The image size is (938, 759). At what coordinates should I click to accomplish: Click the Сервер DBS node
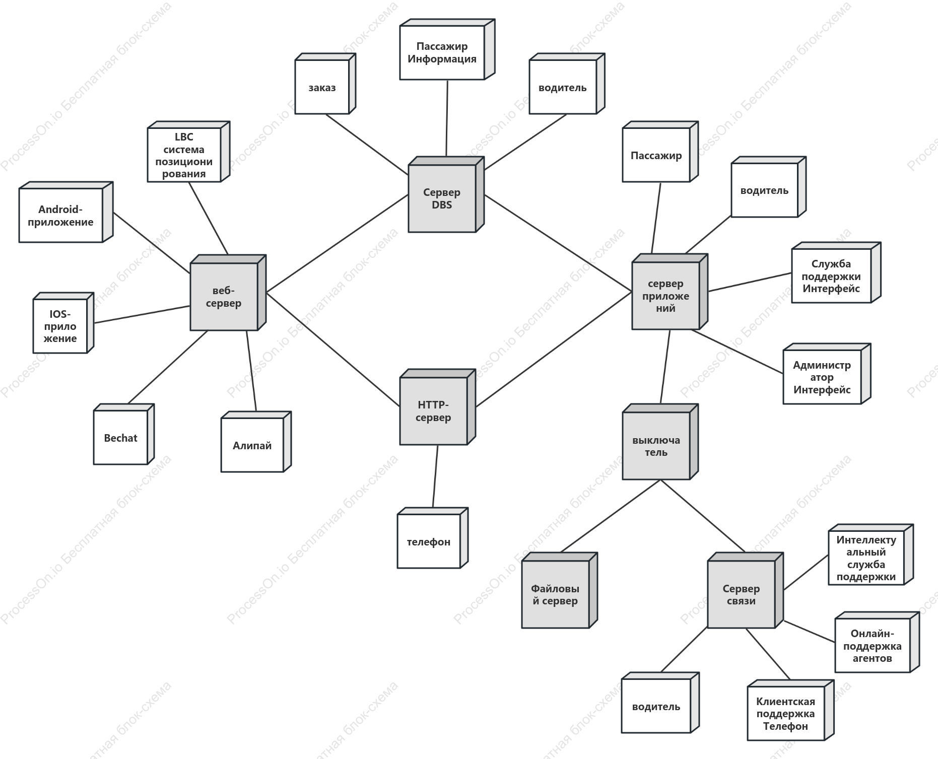click(x=446, y=194)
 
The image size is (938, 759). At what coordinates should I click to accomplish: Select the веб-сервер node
click(x=228, y=293)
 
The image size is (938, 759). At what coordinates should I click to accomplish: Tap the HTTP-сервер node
click(x=437, y=407)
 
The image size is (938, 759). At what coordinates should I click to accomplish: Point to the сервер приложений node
click(x=669, y=292)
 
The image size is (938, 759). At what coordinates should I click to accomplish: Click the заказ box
click(x=325, y=84)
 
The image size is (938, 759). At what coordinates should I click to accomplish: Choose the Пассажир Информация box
click(x=447, y=49)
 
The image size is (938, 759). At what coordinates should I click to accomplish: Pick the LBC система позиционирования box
click(x=188, y=152)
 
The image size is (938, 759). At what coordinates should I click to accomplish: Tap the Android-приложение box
click(x=65, y=212)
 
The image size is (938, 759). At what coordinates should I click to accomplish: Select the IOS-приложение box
click(x=63, y=323)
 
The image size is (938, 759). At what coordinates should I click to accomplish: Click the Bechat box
click(x=123, y=434)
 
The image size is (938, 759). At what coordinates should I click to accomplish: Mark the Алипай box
click(x=256, y=442)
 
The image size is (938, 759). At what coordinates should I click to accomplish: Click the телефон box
click(x=432, y=538)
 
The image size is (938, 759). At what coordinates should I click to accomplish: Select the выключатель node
click(x=660, y=442)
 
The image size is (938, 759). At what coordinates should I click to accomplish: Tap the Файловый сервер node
click(x=559, y=590)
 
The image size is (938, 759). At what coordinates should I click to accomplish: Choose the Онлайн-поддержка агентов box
click(x=877, y=642)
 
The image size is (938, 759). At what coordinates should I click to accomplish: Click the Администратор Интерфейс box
click(x=827, y=374)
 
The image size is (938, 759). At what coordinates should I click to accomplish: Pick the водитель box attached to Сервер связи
click(x=660, y=703)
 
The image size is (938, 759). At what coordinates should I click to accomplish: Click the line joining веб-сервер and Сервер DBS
click(x=337, y=244)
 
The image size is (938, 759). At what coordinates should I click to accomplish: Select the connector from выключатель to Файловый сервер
click(x=610, y=516)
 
